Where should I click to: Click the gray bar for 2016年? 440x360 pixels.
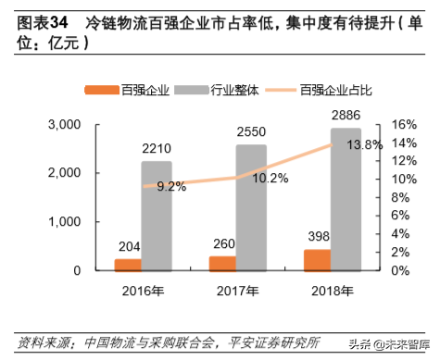point(157,217)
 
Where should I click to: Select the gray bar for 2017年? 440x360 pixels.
point(250,208)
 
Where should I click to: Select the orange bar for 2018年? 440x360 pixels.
point(316,260)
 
